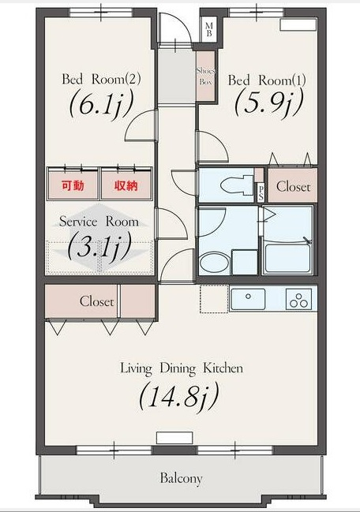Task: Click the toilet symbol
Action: (237, 185)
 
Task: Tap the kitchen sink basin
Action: (248, 299)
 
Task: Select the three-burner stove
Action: (299, 299)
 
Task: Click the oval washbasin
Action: (213, 263)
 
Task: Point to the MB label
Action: (209, 29)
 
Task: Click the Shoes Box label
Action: (206, 76)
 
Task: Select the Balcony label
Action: (182, 478)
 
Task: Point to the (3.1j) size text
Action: (99, 246)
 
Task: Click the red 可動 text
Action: (73, 185)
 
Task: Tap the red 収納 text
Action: (126, 185)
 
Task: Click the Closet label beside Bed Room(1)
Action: (293, 186)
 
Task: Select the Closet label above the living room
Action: (96, 301)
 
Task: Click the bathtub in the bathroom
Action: (287, 259)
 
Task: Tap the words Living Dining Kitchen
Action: (182, 368)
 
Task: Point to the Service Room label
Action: (99, 222)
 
